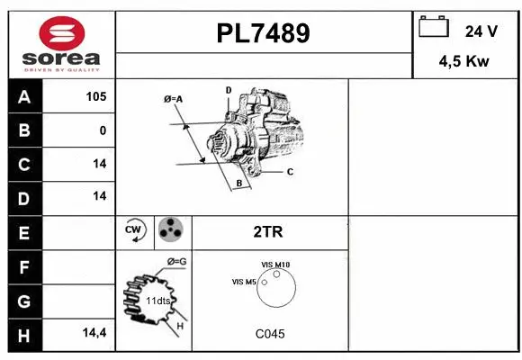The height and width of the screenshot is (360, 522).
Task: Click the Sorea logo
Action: [60, 44]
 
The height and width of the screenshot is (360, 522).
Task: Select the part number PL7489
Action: [264, 33]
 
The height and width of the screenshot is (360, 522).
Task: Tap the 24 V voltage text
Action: [481, 31]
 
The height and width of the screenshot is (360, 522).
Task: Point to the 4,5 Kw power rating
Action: [464, 63]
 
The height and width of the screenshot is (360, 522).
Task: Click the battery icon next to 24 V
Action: [434, 29]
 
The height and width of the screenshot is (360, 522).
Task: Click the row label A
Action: [23, 97]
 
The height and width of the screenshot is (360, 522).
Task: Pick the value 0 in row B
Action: [103, 130]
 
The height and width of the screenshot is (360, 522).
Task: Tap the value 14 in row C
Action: [99, 164]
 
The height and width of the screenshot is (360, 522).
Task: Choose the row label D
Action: [23, 196]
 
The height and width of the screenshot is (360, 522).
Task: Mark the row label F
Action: [23, 266]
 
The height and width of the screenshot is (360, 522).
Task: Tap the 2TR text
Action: [269, 232]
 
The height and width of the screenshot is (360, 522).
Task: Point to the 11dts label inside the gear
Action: [159, 300]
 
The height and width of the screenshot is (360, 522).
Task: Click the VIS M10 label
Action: [275, 264]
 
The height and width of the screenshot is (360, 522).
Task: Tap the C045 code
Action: [269, 334]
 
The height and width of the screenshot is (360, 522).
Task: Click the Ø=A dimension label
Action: [174, 99]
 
